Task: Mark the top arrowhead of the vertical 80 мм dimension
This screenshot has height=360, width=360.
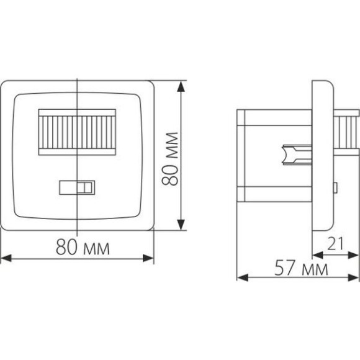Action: point(181,84)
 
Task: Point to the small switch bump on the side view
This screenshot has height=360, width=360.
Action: point(335,186)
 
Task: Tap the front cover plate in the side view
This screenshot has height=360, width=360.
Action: point(323,155)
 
